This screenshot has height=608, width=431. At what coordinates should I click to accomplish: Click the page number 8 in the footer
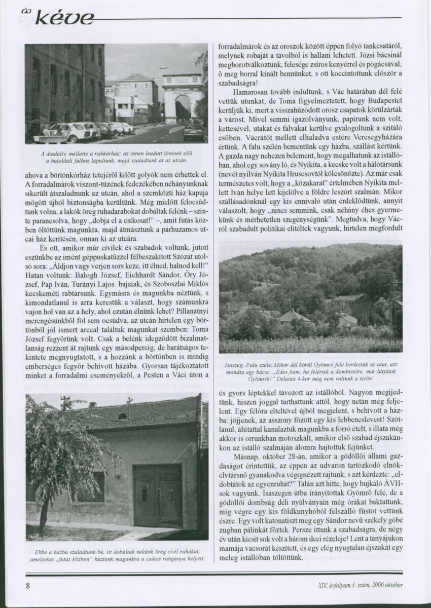click(28, 586)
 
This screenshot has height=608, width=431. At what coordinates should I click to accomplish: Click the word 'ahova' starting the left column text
click(34, 175)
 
